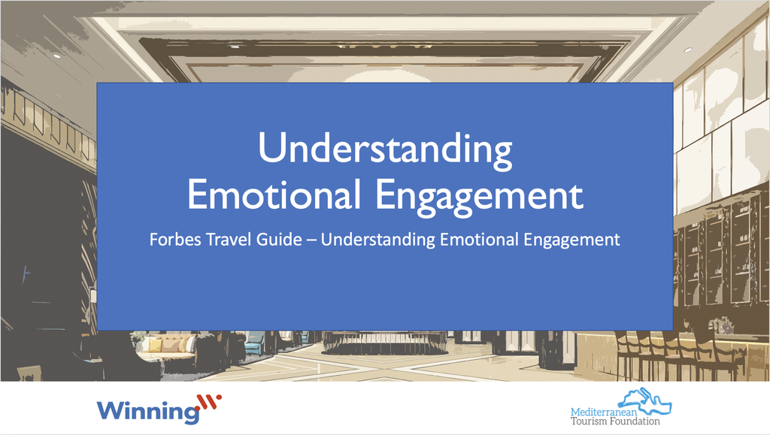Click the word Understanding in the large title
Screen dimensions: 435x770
pyautogui.click(x=385, y=150)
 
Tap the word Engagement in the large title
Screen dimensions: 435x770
pyautogui.click(x=479, y=195)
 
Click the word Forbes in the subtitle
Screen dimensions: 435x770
pyautogui.click(x=173, y=240)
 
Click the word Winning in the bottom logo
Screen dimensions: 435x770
pyautogui.click(x=147, y=411)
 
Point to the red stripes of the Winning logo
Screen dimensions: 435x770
pyautogui.click(x=208, y=406)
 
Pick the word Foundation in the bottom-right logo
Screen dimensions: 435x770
pyautogui.click(x=635, y=421)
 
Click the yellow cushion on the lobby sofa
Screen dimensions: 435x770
pyautogui.click(x=154, y=346)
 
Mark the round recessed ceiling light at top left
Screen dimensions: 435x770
pyautogui.click(x=57, y=55)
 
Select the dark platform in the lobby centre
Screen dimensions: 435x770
pyautogui.click(x=385, y=345)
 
